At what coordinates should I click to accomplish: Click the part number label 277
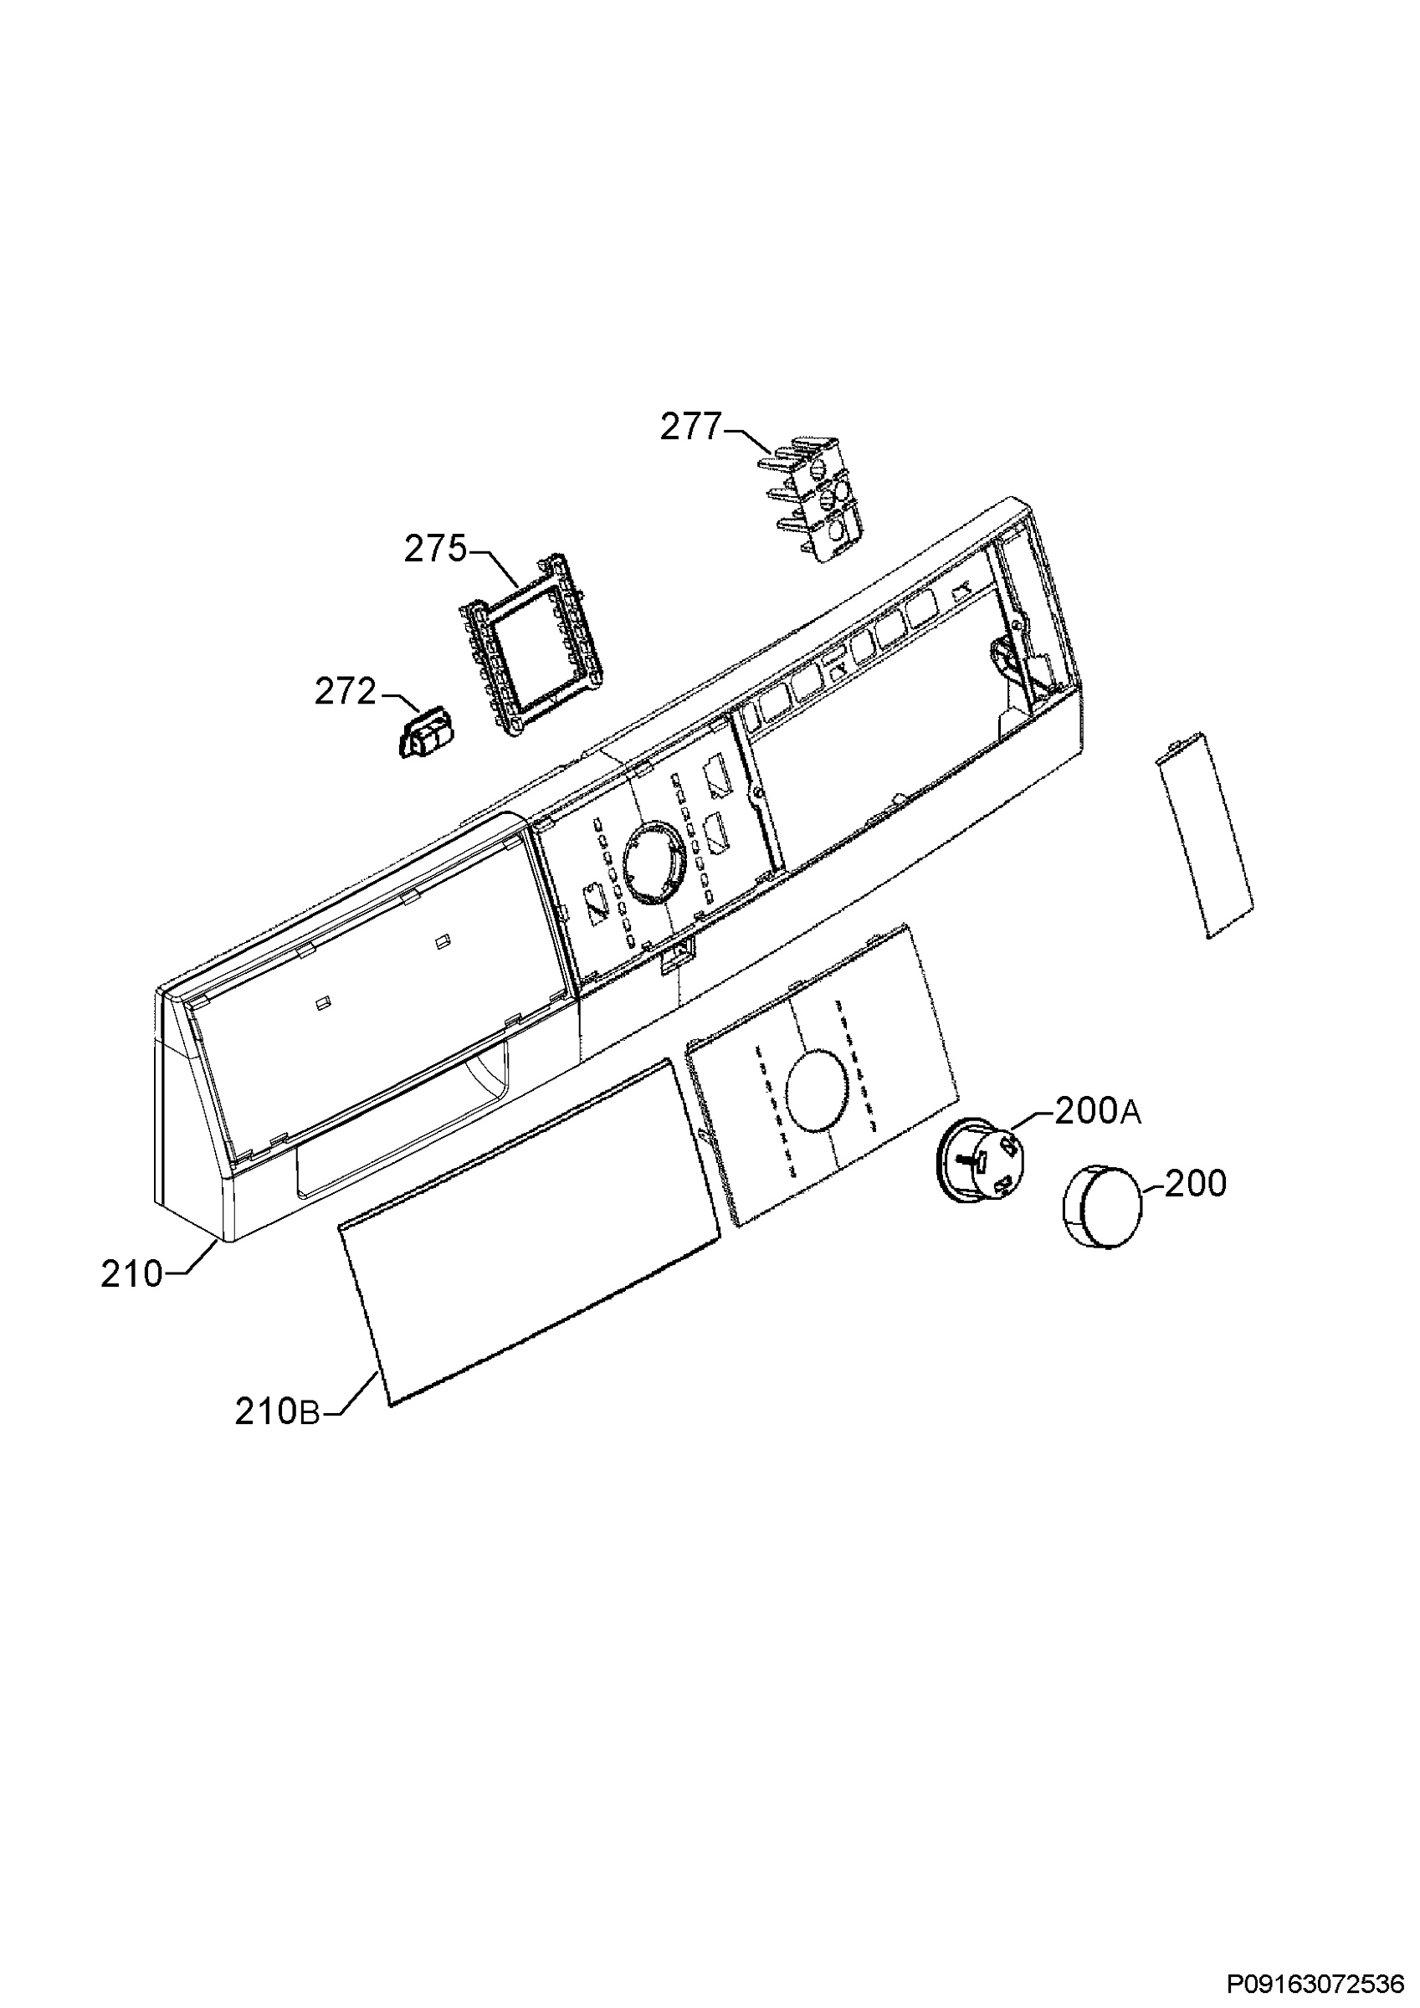coord(690,428)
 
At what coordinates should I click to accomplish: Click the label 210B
coord(278,1412)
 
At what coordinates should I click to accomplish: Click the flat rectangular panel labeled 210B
coord(530,1233)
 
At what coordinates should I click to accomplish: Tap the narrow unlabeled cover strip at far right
coord(1204,835)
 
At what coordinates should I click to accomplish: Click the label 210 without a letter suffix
coord(132,1275)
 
